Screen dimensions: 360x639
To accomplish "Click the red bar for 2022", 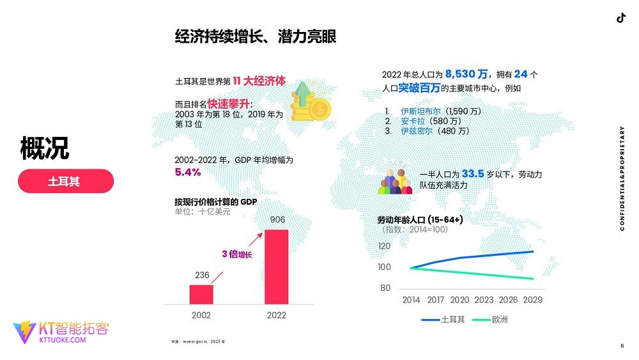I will [x=276, y=267].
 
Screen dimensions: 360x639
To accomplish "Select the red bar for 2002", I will [x=201, y=294].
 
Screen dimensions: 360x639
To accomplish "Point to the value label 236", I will [x=202, y=275].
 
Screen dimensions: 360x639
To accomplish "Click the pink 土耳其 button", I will [x=65, y=181].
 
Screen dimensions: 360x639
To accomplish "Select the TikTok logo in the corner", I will [x=620, y=18].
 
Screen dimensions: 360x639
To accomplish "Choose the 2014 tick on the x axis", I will [x=412, y=300].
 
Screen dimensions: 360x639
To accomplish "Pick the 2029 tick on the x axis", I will [x=533, y=300].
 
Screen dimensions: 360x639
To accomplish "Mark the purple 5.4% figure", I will [x=188, y=172].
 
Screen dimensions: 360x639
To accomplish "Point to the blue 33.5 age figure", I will [x=478, y=173].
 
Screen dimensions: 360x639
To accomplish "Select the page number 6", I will [x=622, y=346].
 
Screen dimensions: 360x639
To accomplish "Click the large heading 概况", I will [x=44, y=148].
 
